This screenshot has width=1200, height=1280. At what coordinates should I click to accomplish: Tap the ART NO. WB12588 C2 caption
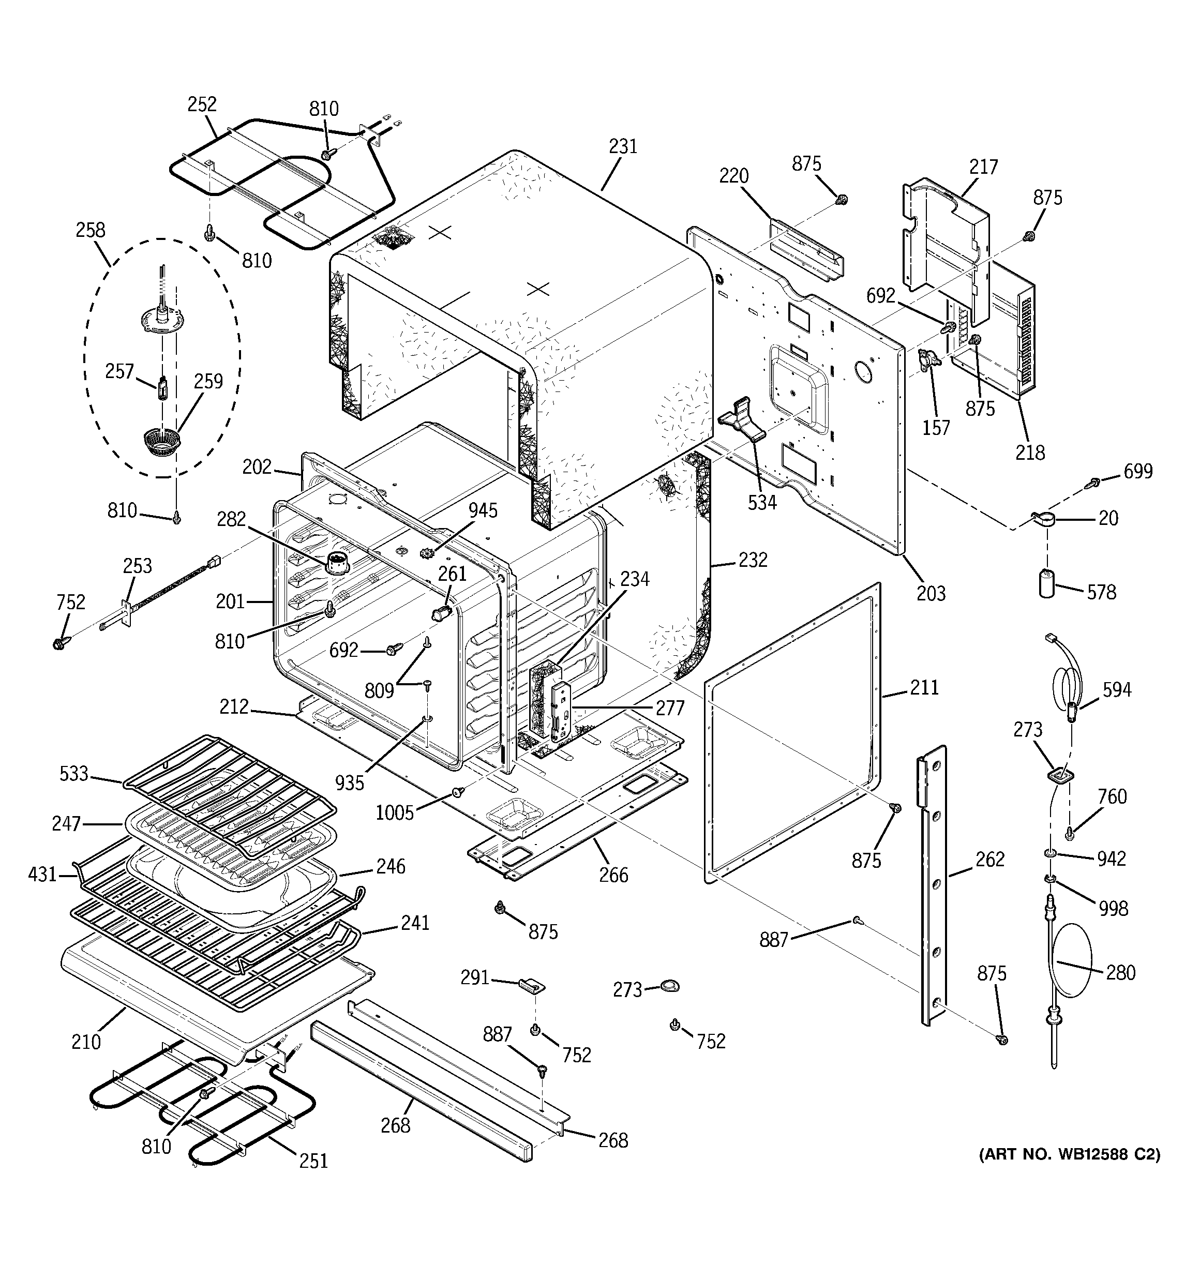[1069, 1154]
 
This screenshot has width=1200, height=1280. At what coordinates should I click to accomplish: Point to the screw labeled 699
[1094, 481]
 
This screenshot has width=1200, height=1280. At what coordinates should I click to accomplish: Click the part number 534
[762, 502]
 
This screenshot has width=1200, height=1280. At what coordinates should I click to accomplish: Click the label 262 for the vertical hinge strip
[989, 859]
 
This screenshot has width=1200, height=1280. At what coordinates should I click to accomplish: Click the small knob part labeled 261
[441, 613]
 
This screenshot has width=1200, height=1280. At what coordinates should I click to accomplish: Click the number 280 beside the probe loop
[1120, 972]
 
